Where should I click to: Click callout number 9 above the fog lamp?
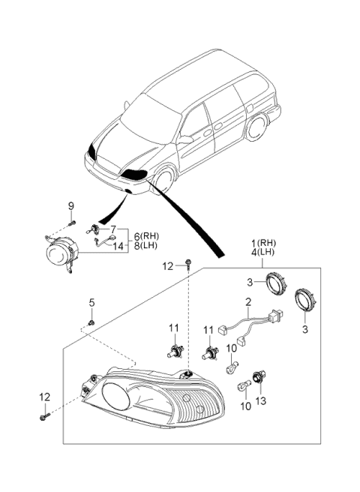coord(71,206)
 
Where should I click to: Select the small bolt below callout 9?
coord(72,223)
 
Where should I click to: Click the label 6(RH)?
coord(146,236)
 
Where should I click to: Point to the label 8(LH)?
coord(146,246)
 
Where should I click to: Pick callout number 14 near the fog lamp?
coord(118,246)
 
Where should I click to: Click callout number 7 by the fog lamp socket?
coord(113,229)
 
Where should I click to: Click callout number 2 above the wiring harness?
coord(248,302)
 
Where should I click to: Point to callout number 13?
coord(261,400)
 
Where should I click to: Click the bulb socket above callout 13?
coord(259,376)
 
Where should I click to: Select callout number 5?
coord(91,303)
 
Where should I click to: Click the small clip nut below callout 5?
coord(91,322)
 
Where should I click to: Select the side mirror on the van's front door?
coord(185,139)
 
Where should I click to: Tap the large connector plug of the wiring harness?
coord(277,313)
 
